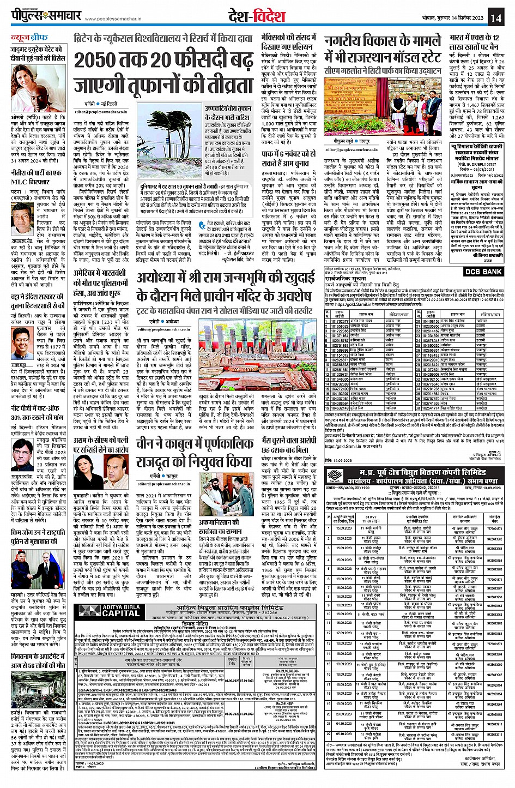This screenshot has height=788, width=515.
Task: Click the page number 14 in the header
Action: [495, 17]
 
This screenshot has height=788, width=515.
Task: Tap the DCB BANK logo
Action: [483, 272]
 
